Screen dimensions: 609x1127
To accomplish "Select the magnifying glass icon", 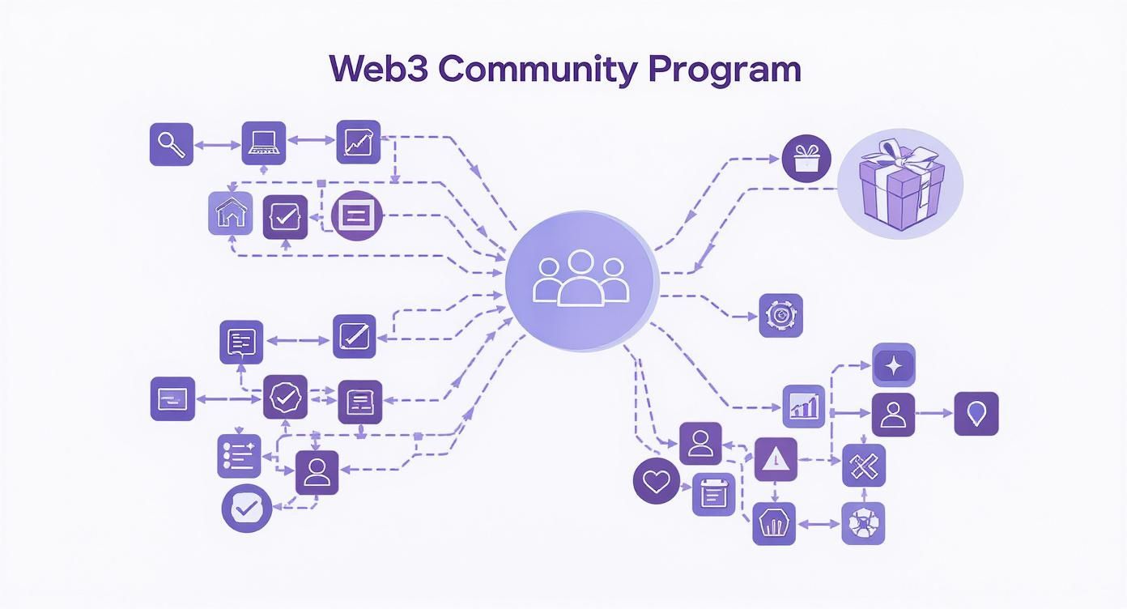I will [x=172, y=144].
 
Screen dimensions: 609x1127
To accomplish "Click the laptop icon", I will [x=264, y=143].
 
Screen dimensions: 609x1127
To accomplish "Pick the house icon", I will [x=230, y=214].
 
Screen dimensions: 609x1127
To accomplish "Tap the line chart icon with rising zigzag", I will [x=358, y=142].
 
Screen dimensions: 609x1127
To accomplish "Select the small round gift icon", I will [x=806, y=158].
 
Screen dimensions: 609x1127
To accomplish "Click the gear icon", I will [x=781, y=315].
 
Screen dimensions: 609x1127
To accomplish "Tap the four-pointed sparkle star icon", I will [x=894, y=364].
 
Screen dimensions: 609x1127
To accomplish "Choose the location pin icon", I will [x=976, y=414].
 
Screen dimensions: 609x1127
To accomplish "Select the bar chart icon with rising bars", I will [x=804, y=406].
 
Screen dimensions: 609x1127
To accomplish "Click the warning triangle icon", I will [x=776, y=460].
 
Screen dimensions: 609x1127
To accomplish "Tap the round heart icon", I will [x=655, y=481].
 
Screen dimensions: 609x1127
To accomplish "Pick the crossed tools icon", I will [x=864, y=466].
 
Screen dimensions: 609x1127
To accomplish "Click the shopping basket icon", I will [x=774, y=523].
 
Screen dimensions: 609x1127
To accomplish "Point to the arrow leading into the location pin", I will [x=934, y=414].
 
